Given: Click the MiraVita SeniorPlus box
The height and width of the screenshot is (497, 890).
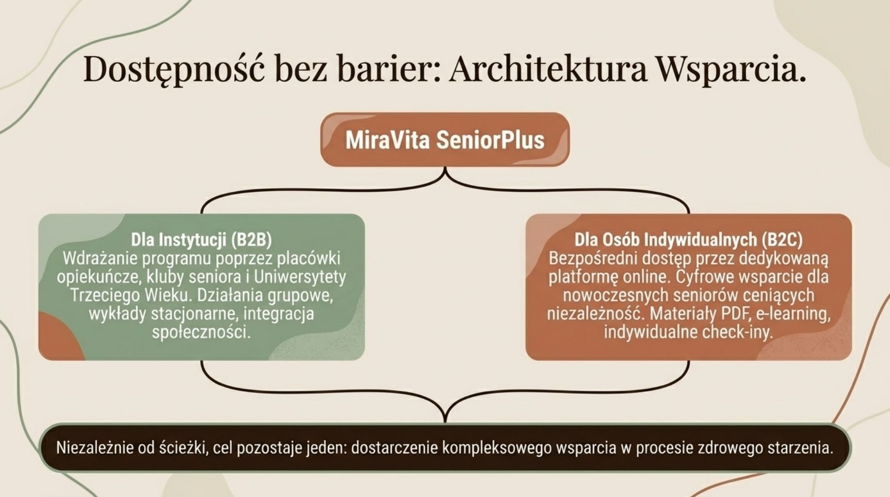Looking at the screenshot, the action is [x=445, y=140].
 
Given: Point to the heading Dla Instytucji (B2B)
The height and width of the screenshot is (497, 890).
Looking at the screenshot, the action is [x=201, y=239].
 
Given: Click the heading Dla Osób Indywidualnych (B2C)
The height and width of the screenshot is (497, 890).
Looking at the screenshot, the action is [x=689, y=239].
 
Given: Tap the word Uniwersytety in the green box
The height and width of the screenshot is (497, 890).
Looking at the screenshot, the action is [x=300, y=277].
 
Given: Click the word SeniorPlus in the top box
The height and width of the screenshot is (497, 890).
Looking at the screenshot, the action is [x=490, y=140].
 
